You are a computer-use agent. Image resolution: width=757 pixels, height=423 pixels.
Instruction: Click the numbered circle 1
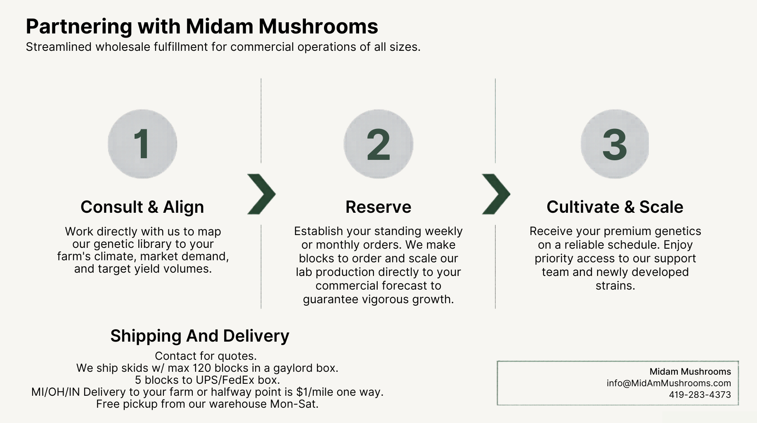142,144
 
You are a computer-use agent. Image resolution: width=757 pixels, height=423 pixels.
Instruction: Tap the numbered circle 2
378,144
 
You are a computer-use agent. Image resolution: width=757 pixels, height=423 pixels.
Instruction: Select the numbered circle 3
615,144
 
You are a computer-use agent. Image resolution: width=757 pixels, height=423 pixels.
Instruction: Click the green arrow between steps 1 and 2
261,194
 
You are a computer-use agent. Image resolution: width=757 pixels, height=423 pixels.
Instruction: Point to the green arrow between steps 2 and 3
496,194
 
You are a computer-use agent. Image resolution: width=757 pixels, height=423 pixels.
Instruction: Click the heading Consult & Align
142,207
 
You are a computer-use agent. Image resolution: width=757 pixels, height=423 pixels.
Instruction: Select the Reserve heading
378,207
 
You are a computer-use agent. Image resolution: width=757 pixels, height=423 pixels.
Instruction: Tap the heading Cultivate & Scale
615,207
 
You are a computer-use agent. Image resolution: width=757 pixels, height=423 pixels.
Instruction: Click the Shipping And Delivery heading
200,336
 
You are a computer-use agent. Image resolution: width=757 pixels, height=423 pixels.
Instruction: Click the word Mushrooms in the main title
318,26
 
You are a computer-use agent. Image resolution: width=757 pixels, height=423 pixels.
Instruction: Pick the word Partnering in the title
79,26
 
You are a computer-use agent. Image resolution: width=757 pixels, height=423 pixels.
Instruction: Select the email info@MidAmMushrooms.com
669,383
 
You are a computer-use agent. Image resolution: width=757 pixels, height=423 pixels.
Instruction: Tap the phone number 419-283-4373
700,395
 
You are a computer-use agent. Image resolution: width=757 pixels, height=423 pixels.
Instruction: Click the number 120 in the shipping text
202,368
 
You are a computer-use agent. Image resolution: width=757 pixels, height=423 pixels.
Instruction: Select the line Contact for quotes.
206,356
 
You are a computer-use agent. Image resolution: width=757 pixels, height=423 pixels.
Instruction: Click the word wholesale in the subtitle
123,47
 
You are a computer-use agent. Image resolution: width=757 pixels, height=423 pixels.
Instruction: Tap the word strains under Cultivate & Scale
615,286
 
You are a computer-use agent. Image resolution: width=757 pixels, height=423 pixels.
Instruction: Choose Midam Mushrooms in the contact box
690,372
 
